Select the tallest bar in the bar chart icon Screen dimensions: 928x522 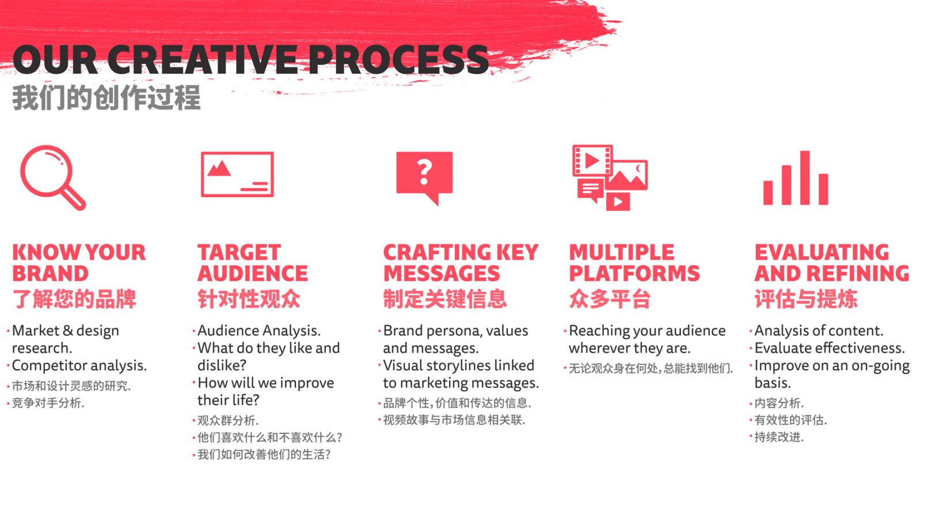805,178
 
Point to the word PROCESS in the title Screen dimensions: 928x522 398,60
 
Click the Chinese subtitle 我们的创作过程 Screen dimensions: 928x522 107,98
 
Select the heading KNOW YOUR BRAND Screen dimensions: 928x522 79,262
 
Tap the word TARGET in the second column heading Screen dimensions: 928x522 239,252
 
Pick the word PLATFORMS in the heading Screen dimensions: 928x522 634,273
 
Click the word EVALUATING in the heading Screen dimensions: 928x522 822,252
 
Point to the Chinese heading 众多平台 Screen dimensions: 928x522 610,299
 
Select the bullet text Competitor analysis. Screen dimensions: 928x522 79,366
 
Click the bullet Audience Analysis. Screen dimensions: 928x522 259,330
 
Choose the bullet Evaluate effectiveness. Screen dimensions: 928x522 830,348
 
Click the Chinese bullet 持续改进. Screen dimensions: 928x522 779,437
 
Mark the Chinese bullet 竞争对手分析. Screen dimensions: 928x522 48,403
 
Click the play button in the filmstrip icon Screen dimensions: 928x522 592,160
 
